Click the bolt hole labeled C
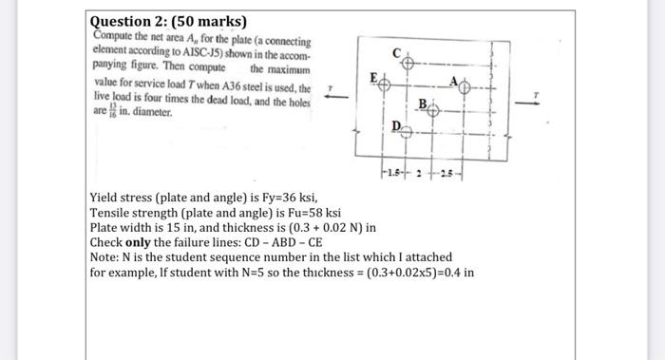click(x=407, y=63)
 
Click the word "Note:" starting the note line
click(x=104, y=257)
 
